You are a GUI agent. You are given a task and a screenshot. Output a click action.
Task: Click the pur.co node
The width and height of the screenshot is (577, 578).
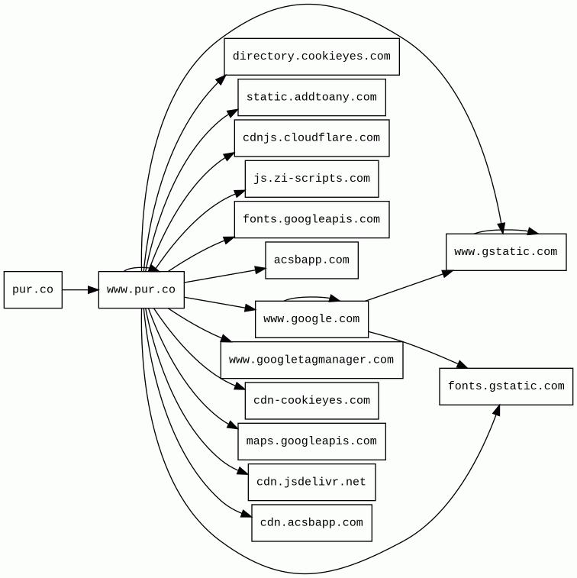[33, 290]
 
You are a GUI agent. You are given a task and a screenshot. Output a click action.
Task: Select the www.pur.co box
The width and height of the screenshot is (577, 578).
[141, 290]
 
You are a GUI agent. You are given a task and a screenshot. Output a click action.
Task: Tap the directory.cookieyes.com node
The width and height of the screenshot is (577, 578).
[311, 57]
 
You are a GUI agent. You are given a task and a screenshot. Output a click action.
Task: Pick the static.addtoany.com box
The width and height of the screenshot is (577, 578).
[311, 98]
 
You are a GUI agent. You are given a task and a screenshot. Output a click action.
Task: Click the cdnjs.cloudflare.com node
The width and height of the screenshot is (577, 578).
[311, 138]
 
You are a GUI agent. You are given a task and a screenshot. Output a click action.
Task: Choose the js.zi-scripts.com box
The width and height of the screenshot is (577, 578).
[311, 179]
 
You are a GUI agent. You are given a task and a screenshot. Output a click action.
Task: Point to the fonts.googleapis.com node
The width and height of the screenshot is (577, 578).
[311, 220]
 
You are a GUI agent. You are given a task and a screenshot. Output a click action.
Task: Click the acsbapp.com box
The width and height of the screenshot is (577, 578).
[311, 260]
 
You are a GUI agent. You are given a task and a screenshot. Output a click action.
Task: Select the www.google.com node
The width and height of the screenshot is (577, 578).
[311, 319]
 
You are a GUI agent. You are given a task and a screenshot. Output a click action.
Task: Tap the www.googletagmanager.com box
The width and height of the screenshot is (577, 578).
[311, 360]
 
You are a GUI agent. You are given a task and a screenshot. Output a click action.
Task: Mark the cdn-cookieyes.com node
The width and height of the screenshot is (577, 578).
[311, 401]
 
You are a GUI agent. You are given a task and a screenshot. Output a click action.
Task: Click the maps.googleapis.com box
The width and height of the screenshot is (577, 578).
[311, 441]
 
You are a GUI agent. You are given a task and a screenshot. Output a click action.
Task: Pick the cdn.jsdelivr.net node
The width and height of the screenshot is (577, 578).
[311, 483]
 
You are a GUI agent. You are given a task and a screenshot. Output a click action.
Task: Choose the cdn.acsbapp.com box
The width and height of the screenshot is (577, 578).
[311, 523]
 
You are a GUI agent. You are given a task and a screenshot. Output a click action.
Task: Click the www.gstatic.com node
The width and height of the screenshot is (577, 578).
[506, 252]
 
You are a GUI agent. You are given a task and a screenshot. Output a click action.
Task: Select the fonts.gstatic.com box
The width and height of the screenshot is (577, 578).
[506, 386]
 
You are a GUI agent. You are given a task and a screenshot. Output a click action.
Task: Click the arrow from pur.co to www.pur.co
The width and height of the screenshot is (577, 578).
[80, 290]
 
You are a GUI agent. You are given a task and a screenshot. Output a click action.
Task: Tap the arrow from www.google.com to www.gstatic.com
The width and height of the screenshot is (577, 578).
[408, 286]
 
